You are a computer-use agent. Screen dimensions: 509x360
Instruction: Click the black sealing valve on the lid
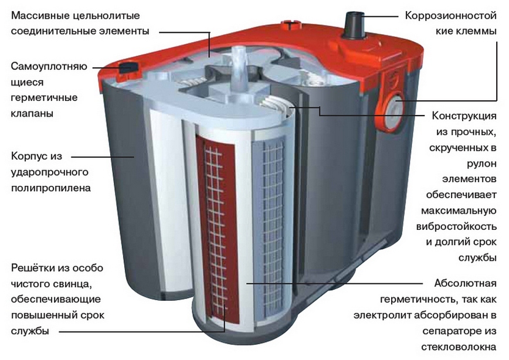point(128,67)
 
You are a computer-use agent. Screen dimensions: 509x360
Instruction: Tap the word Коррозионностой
point(450,16)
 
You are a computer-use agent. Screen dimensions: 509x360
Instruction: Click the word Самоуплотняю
point(49,67)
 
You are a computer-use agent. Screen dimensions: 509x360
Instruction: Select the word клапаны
point(32,114)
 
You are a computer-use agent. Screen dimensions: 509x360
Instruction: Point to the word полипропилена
point(51,188)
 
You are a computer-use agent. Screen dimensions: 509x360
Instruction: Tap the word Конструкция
point(464,116)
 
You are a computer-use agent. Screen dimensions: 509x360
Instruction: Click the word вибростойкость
point(456,226)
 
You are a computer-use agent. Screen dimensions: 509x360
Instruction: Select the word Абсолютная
point(465,283)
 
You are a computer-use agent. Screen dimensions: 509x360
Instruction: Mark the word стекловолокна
point(459,347)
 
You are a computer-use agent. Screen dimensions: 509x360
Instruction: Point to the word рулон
point(482,164)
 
